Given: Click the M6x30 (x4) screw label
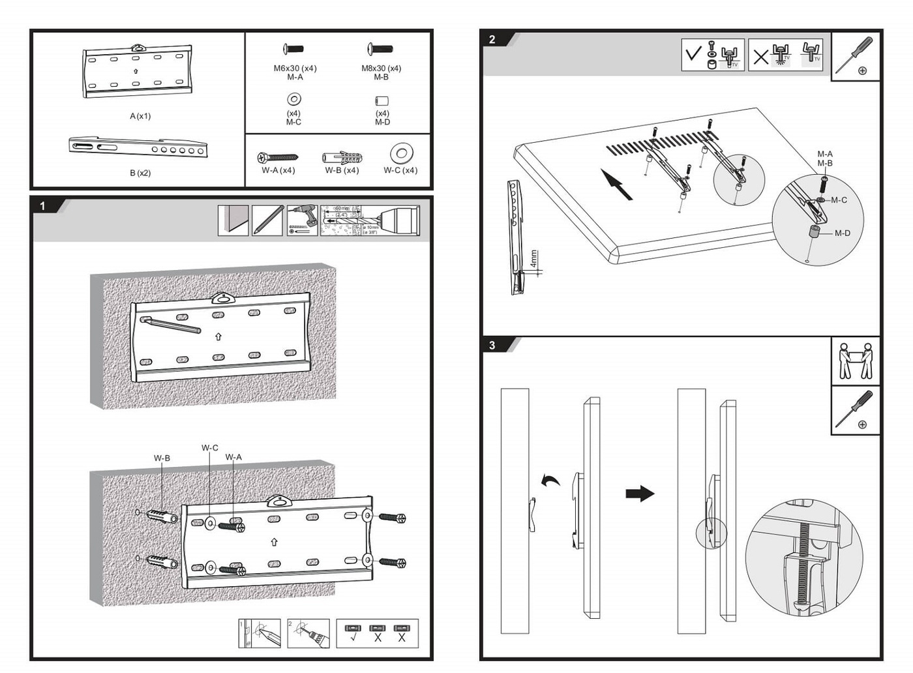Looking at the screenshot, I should (x=295, y=68).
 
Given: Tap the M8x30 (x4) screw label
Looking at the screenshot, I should (x=382, y=68).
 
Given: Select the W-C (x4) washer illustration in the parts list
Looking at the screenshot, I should (x=401, y=154).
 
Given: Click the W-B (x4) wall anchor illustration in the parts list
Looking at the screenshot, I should (x=342, y=157).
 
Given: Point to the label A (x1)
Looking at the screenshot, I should (x=140, y=116).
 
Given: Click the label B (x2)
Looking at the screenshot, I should (x=140, y=173).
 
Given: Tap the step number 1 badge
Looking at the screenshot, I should (x=43, y=206).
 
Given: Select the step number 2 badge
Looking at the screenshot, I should (x=492, y=40).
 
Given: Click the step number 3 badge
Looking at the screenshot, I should (x=492, y=345).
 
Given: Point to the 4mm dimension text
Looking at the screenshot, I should (x=534, y=259).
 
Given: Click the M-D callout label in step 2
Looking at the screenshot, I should (x=842, y=233).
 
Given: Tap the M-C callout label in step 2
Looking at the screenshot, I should (x=839, y=200).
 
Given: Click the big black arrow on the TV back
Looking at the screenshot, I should (x=616, y=184).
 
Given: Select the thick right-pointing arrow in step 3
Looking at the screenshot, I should (x=640, y=493).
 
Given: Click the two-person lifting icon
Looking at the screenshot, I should (x=856, y=361).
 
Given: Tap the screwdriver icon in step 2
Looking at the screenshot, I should (x=856, y=56).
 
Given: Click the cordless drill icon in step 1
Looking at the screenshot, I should (x=302, y=220).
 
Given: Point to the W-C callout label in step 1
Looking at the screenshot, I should (x=210, y=448).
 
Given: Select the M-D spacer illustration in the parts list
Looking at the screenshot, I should (x=382, y=101).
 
